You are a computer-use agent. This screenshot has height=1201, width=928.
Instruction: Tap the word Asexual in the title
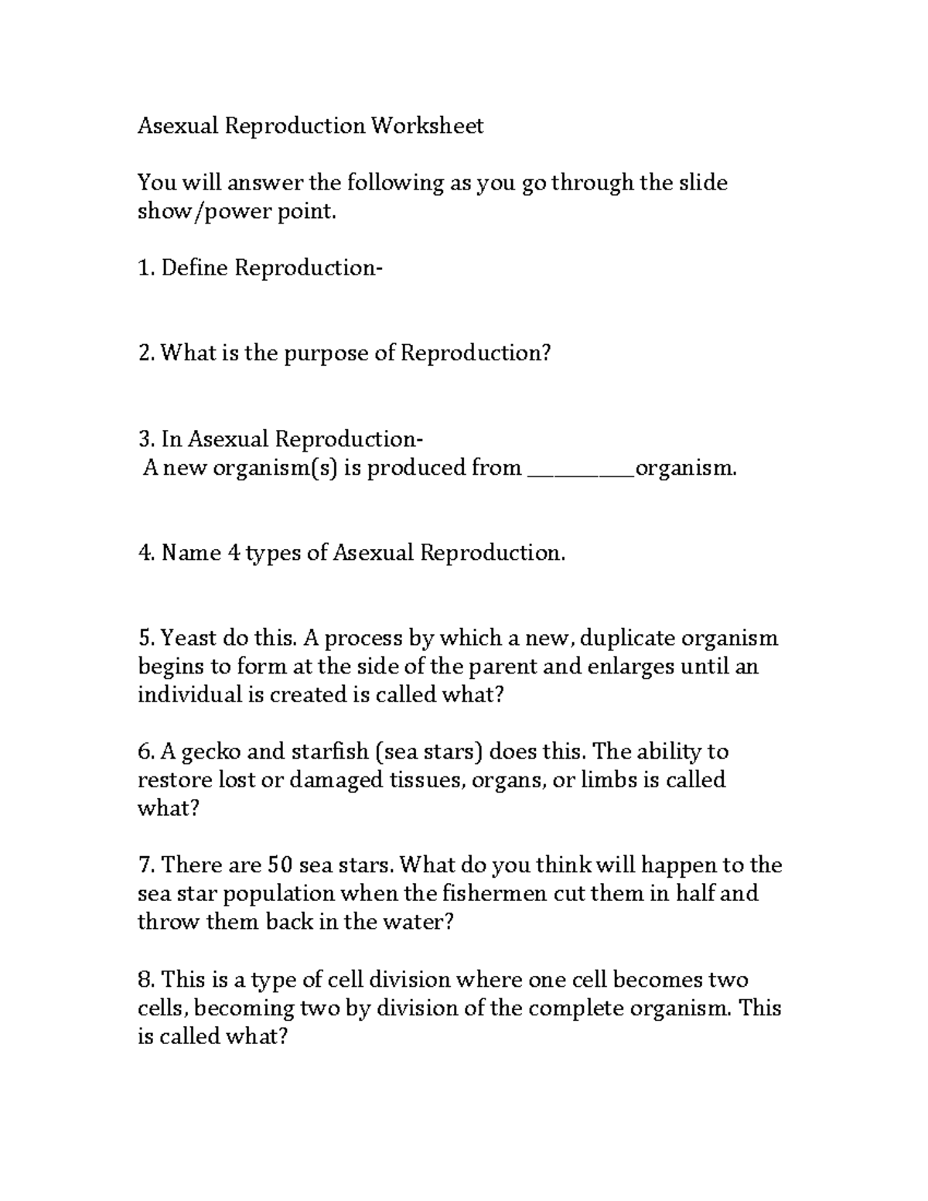[178, 125]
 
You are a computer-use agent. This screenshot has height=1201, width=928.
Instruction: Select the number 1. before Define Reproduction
[146, 268]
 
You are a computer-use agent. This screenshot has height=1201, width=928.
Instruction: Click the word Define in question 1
[194, 268]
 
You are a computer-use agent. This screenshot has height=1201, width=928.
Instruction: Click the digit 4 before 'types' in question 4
[234, 553]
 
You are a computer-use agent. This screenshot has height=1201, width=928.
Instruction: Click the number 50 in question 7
[279, 865]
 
